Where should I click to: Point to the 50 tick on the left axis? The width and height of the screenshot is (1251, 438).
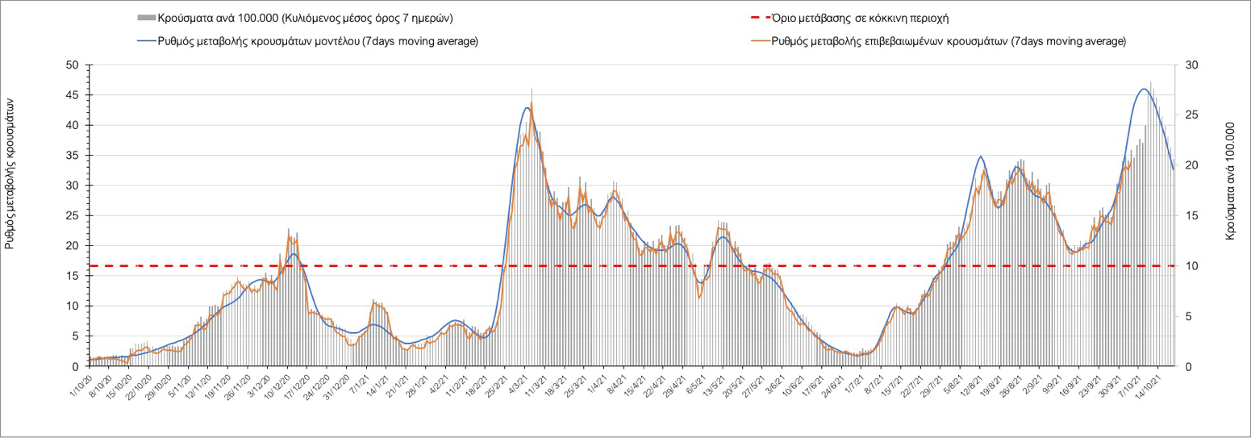point(73,65)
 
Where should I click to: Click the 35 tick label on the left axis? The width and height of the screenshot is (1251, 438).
point(73,156)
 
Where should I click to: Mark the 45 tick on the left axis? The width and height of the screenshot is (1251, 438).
point(73,95)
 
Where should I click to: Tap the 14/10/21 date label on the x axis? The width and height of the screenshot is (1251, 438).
point(1156,382)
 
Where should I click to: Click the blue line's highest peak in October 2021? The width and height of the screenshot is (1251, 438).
point(1144,89)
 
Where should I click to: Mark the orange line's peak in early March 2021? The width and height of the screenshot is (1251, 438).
point(532,102)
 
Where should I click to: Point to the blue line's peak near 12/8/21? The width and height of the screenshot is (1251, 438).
point(980,156)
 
